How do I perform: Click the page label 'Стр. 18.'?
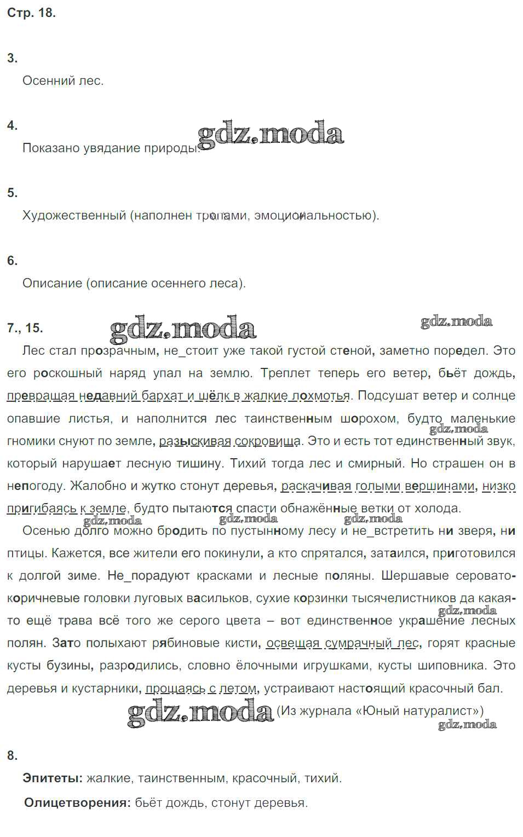point(31,13)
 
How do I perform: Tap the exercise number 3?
point(12,59)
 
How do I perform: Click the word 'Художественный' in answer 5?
point(74,216)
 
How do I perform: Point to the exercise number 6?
point(12,261)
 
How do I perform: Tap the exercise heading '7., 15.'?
point(25,328)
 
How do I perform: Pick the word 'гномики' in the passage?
point(27,441)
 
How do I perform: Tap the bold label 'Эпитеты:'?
point(53,778)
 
